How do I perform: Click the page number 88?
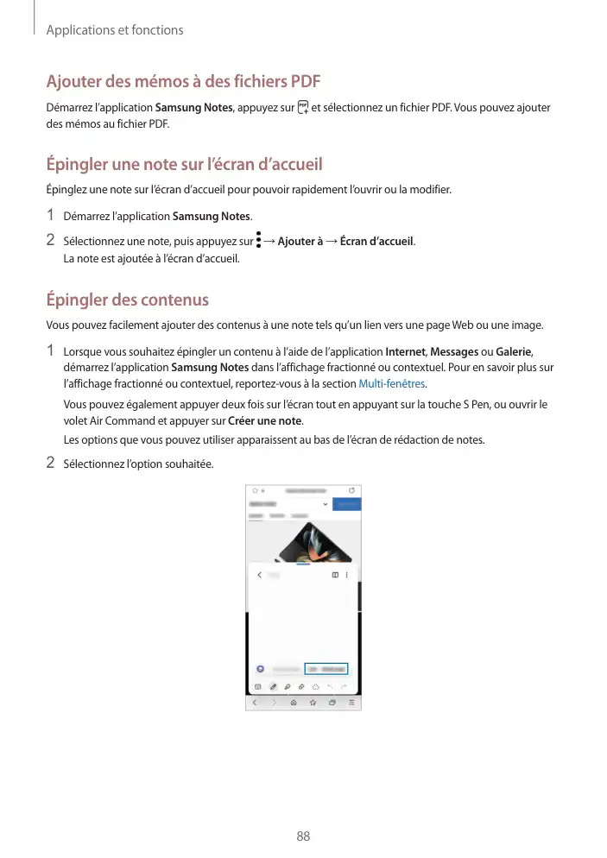(x=303, y=836)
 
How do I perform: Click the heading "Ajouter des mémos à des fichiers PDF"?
(x=183, y=82)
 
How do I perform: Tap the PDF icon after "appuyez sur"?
(x=301, y=108)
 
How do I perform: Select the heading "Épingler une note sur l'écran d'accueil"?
(x=184, y=164)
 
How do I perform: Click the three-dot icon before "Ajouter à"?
(x=258, y=239)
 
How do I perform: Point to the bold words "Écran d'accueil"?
(x=376, y=240)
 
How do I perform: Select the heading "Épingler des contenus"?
(x=127, y=300)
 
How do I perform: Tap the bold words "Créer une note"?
(x=265, y=420)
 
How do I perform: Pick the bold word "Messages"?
(x=454, y=351)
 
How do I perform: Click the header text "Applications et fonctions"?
(x=114, y=30)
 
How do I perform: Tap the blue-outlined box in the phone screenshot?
(x=326, y=669)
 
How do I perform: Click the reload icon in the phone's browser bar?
(x=351, y=490)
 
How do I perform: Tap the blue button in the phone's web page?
(x=347, y=503)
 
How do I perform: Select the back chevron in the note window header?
(x=260, y=575)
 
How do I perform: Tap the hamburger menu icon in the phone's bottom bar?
(x=351, y=703)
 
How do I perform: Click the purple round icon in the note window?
(x=260, y=669)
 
